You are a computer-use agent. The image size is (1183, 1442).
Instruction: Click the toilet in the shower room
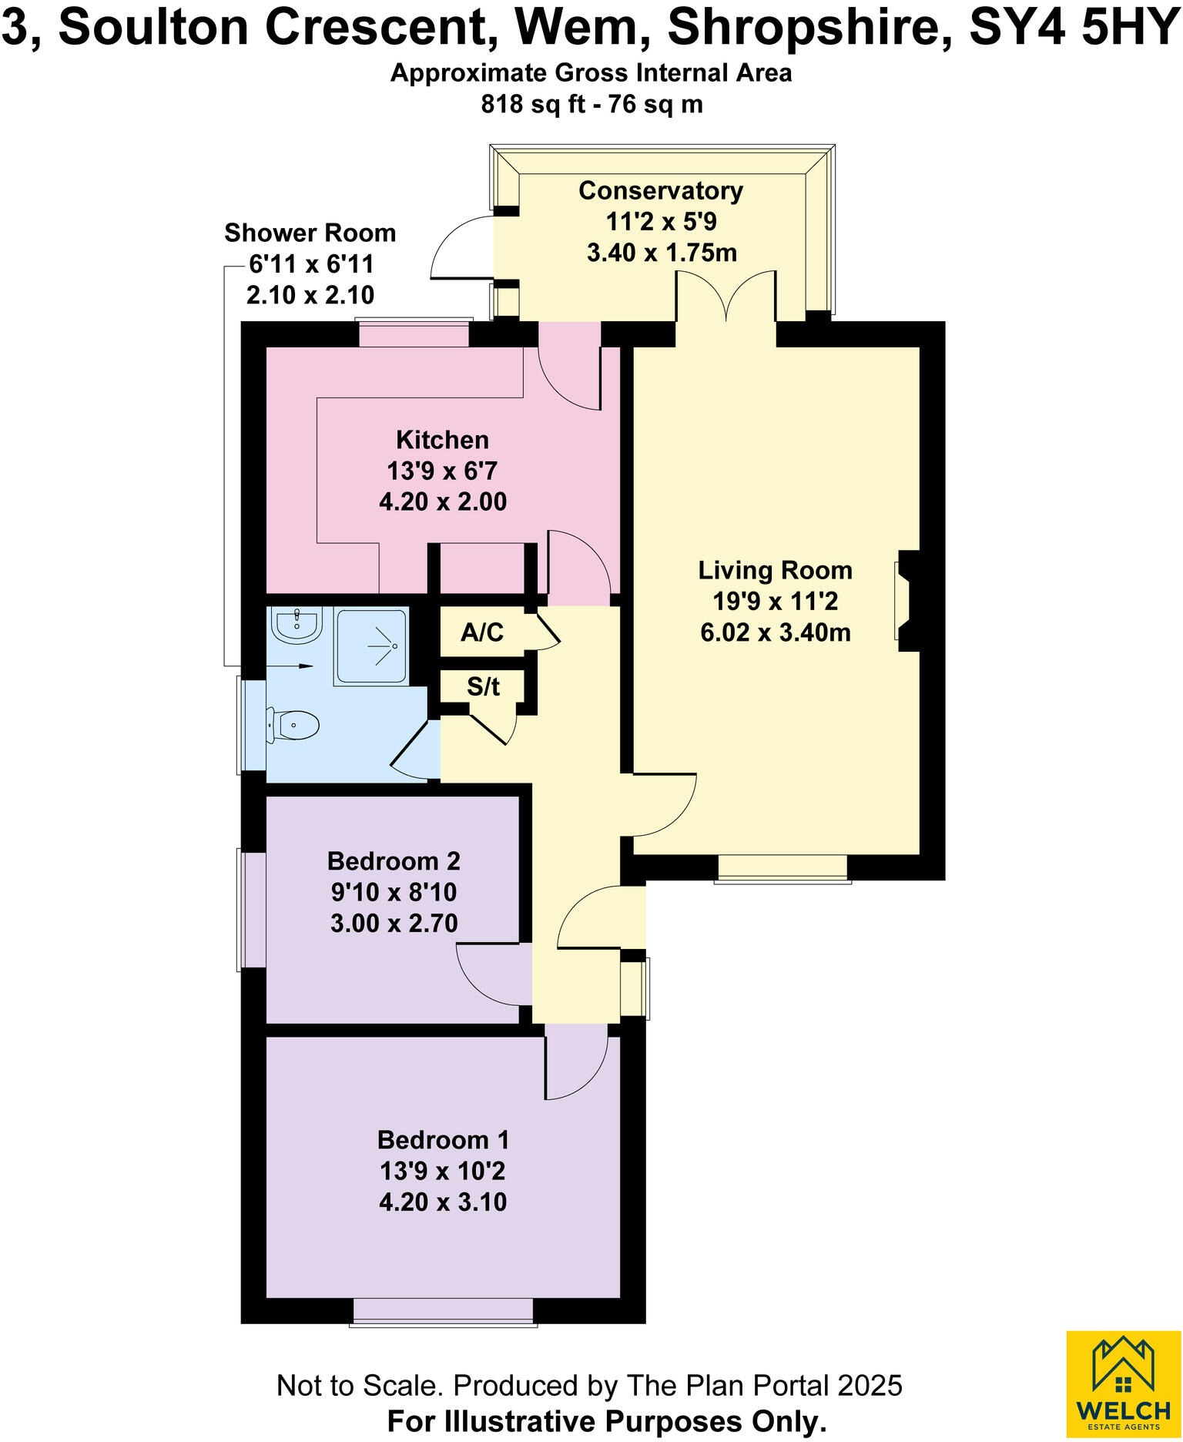[293, 725]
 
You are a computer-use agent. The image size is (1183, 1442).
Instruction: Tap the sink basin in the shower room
[297, 625]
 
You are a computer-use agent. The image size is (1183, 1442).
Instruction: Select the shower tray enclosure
[371, 646]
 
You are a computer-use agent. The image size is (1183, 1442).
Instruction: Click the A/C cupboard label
[482, 632]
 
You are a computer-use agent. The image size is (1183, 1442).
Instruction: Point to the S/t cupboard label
[483, 686]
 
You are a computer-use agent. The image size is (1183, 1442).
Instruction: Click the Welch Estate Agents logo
[1124, 1383]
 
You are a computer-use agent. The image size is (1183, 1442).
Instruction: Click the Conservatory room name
[661, 190]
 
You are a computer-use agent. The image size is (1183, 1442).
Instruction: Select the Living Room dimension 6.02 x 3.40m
[776, 632]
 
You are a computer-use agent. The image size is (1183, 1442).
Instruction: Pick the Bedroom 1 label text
[443, 1139]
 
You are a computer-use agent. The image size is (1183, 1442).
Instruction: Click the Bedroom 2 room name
[394, 860]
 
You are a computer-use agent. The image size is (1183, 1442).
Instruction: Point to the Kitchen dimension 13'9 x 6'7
[442, 471]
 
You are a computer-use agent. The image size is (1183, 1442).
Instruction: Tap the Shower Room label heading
[310, 233]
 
